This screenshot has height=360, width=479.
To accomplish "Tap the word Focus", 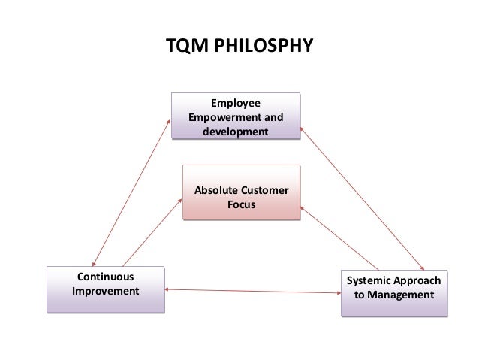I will click(240, 204).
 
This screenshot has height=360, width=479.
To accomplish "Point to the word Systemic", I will click(366, 281).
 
